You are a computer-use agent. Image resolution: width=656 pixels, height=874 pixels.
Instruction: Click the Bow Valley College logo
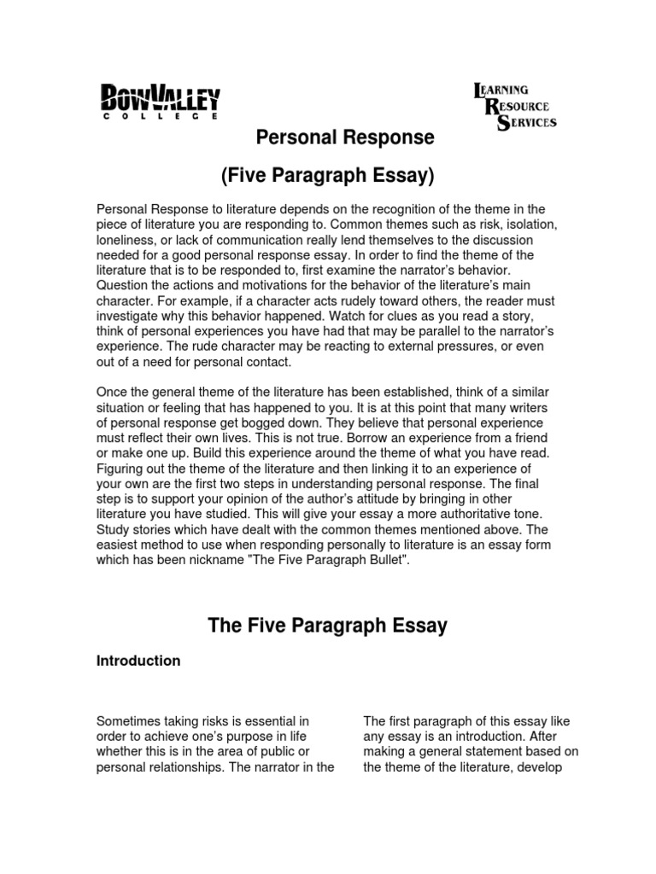pos(161,102)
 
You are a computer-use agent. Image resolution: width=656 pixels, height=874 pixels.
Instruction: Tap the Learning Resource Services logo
pos(515,106)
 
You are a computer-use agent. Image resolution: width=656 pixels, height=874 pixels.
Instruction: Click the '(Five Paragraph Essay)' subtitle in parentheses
pos(328,177)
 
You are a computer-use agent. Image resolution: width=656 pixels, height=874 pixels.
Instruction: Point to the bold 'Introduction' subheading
pos(138,661)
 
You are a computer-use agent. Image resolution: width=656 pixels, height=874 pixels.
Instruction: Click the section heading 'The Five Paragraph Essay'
pos(328,626)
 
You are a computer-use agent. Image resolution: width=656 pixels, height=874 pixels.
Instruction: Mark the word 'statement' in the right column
pos(512,752)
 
